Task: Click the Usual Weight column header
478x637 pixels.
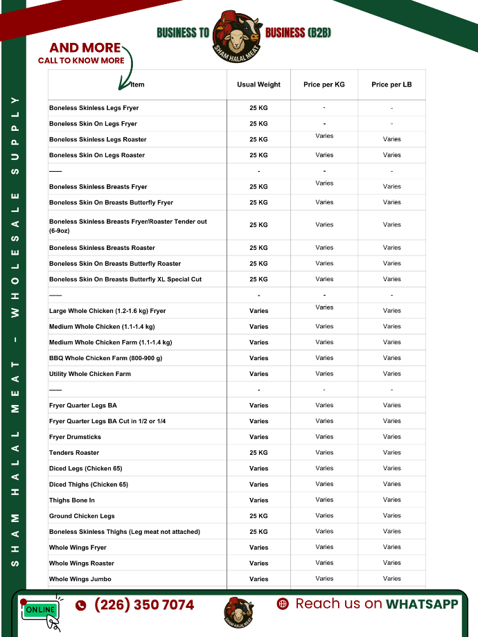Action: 258,84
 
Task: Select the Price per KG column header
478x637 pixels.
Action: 324,84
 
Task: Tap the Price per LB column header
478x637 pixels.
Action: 391,84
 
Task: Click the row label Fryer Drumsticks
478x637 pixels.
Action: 75,437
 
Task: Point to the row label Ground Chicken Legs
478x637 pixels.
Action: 82,516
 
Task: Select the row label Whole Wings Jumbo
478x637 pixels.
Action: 80,579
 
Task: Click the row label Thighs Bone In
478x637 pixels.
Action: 72,500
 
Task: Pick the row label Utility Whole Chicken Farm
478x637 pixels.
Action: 90,374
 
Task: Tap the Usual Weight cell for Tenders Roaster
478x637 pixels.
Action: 258,453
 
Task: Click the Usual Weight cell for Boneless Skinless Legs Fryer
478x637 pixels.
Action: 258,108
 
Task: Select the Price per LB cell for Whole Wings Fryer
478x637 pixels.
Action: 391,547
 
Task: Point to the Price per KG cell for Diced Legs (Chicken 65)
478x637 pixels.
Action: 324,468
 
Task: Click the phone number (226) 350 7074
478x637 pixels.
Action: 144,605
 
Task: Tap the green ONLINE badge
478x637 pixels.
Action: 41,609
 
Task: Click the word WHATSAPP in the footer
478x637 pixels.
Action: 422,604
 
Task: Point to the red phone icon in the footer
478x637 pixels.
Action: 81,605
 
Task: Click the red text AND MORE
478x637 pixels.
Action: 85,48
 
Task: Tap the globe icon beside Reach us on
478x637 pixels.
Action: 283,604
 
